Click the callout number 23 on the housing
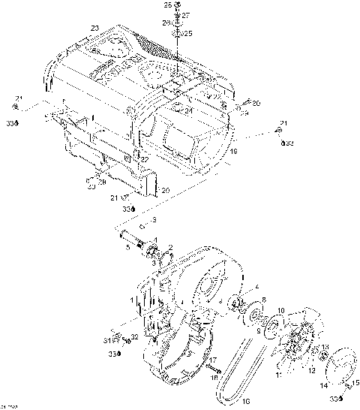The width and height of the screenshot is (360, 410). pos(94,29)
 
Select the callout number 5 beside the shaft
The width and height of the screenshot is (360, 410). pos(128,245)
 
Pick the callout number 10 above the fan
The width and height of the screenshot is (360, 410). pos(281,310)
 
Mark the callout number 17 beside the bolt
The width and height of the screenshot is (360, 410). pos(214,360)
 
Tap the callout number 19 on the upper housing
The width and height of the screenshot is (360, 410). pos(234,152)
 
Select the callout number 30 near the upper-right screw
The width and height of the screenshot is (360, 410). pos(256,103)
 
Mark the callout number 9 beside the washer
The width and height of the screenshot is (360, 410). pos(259,328)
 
